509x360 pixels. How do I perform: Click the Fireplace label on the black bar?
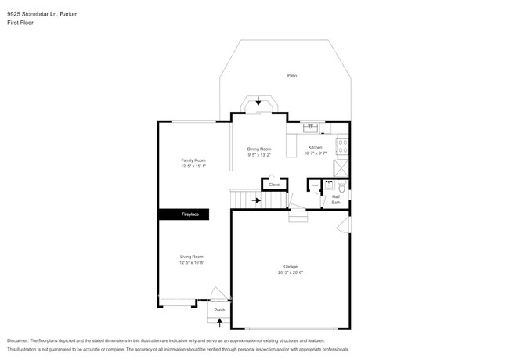[190, 214]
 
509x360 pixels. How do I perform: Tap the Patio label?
[292, 75]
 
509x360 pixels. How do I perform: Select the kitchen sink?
[311, 126]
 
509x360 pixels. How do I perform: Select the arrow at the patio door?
[258, 101]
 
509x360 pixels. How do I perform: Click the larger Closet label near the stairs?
[274, 185]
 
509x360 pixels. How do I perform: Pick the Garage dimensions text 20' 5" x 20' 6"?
[291, 272]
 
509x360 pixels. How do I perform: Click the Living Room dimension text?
[192, 262]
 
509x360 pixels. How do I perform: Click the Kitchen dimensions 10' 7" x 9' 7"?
[316, 153]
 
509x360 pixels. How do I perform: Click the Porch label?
[219, 310]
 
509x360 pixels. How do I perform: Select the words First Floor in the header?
[20, 23]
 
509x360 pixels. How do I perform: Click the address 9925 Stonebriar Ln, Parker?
[47, 13]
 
